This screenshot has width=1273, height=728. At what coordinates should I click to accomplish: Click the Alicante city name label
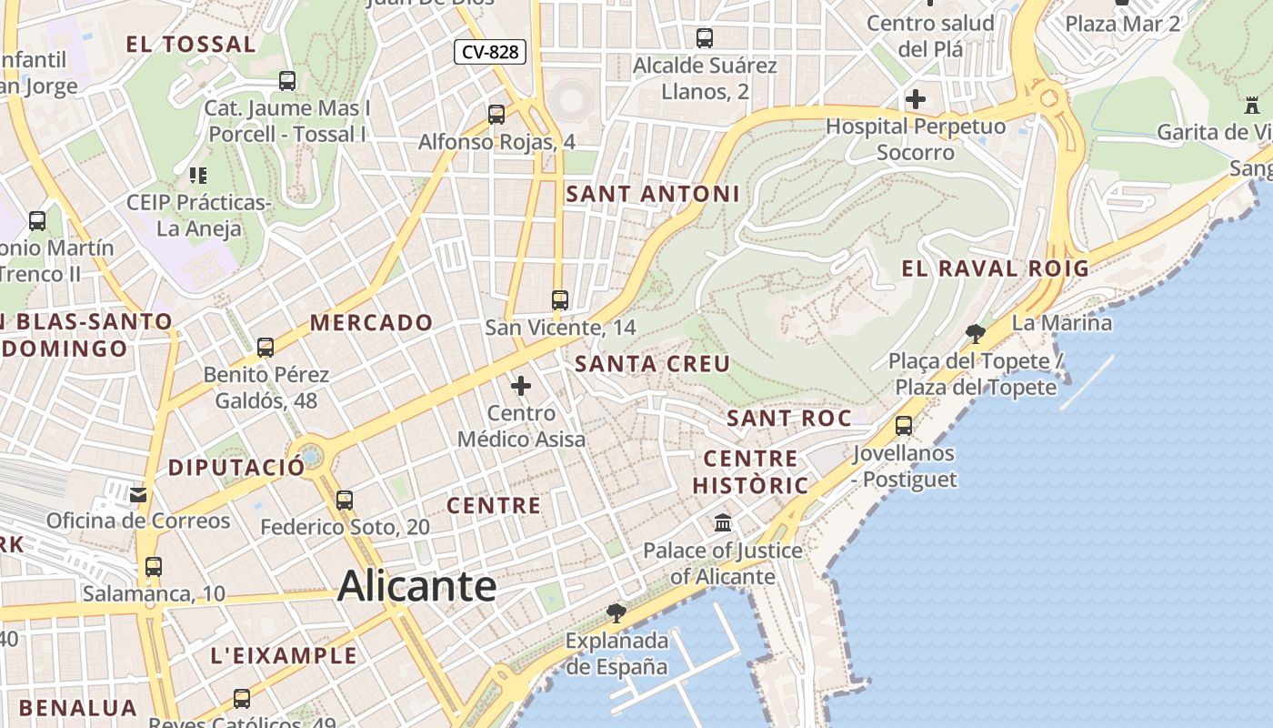click(x=416, y=586)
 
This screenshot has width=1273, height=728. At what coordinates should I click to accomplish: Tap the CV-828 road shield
click(x=490, y=52)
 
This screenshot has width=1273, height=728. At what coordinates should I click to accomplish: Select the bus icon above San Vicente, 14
click(x=560, y=300)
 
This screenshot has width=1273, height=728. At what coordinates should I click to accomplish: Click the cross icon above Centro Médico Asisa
click(x=521, y=387)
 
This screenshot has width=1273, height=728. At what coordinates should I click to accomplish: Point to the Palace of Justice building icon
click(x=724, y=523)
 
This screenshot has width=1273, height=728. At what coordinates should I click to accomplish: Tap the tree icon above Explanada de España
click(x=616, y=612)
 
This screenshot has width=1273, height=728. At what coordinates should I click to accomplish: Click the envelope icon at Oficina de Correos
click(x=138, y=494)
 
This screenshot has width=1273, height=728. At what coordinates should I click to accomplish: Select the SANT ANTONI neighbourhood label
click(x=653, y=194)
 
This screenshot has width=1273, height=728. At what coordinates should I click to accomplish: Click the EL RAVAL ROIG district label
click(x=995, y=268)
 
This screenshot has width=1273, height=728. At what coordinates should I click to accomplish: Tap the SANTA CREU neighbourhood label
click(x=653, y=365)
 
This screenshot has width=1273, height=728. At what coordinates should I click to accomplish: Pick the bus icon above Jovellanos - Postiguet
click(x=904, y=426)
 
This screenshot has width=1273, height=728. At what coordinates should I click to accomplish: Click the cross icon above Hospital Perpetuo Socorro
click(x=916, y=99)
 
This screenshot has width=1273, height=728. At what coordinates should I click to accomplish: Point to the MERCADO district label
click(x=372, y=323)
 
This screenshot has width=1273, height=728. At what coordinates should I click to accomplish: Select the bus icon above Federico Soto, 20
click(x=345, y=500)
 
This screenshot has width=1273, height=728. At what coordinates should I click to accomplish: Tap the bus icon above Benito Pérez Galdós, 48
click(x=266, y=348)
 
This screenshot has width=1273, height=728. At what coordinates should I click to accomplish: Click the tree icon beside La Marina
click(x=976, y=333)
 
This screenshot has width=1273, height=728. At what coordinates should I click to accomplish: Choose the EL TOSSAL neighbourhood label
click(x=191, y=45)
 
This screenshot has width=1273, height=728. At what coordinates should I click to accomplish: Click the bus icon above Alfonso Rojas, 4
click(x=496, y=115)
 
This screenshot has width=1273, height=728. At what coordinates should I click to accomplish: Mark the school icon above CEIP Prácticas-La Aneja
click(x=197, y=176)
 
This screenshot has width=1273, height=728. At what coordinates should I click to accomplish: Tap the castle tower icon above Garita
click(x=1252, y=106)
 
